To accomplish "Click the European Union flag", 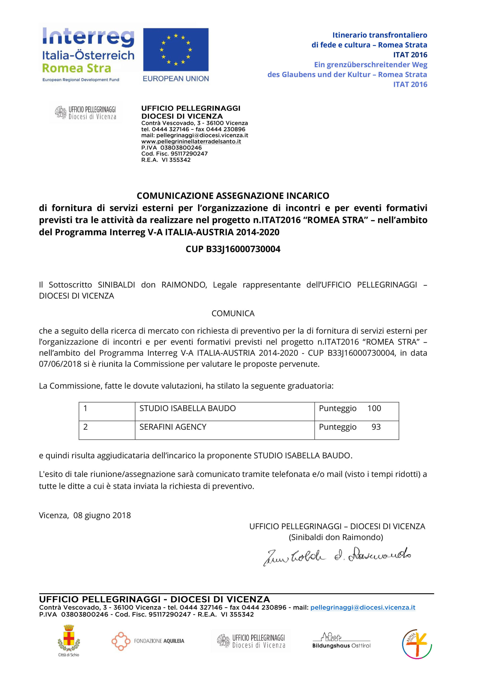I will pyautogui.click(x=176, y=49).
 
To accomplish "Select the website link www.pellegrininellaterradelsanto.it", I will pyautogui.click(x=191, y=141).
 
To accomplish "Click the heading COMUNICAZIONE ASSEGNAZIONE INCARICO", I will pyautogui.click(x=233, y=196).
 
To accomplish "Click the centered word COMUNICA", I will pyautogui.click(x=233, y=314).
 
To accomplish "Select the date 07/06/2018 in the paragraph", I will pyautogui.click(x=60, y=364).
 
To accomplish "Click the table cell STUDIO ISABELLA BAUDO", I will pyautogui.click(x=187, y=408).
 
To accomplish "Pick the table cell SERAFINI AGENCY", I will pyautogui.click(x=173, y=427).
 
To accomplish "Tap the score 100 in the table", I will pyautogui.click(x=374, y=408).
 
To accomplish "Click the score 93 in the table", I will pyautogui.click(x=376, y=427).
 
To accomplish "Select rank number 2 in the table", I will pyautogui.click(x=85, y=427).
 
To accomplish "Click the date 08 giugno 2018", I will pyautogui.click(x=102, y=515).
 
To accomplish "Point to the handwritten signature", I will pyautogui.click(x=337, y=556).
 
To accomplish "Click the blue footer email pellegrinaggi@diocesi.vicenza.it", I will pyautogui.click(x=363, y=607).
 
